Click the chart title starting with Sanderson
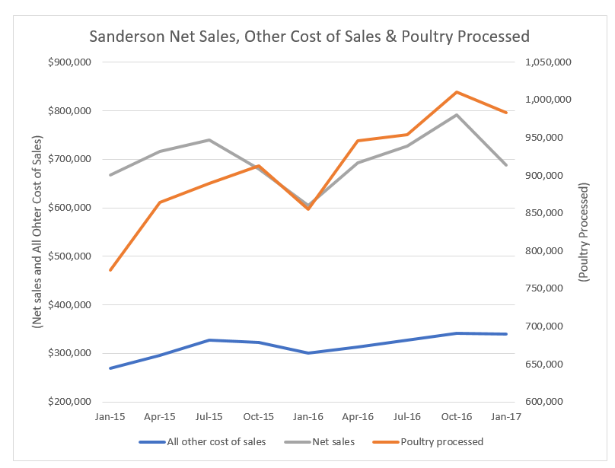pos(309,36)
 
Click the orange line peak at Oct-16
pos(456,92)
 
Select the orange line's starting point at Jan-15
pos(110,270)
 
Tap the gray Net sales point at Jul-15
pos(209,140)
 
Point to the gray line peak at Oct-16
pos(456,115)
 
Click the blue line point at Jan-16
pos(308,353)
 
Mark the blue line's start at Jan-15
pos(110,368)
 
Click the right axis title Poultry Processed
pos(584,233)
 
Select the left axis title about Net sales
pos(36,232)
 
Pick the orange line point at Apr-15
pos(160,202)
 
